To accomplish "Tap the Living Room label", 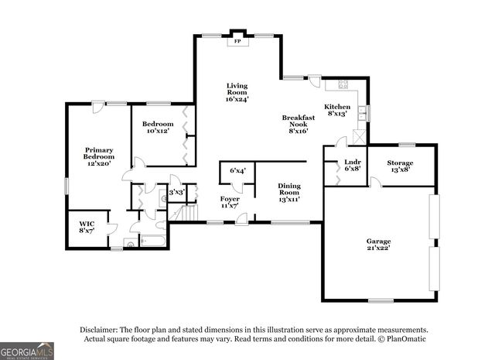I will point(237,92).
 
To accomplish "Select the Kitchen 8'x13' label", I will point(337,110).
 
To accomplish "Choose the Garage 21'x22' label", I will point(378,245).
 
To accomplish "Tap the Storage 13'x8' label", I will point(400,166).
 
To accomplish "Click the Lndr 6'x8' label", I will point(352,166).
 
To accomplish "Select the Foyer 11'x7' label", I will point(230,203).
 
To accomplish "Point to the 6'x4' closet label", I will point(237,170).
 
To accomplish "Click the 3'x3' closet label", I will point(176,192).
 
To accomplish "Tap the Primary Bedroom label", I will point(99,156).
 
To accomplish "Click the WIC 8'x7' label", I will point(86,227).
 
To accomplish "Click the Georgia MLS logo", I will point(27,351).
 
